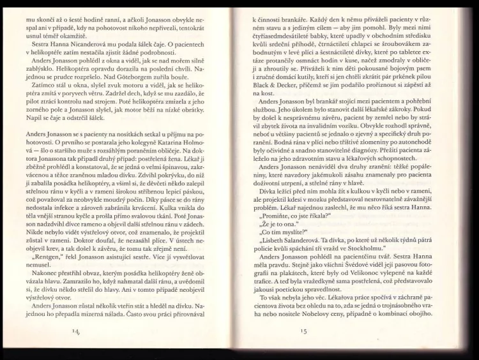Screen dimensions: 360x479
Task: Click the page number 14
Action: tap(77, 331)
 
